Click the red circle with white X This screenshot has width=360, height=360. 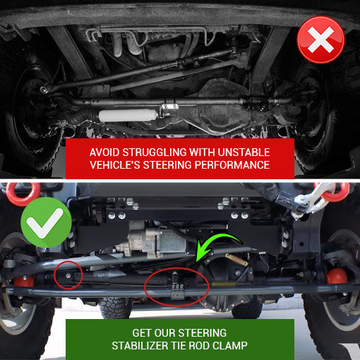320,40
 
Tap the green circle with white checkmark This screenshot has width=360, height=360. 46,222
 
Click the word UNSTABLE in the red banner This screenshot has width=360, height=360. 244,152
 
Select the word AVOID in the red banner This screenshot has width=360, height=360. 104,152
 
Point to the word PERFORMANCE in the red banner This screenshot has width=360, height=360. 232,165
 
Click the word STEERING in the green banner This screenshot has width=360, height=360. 203,333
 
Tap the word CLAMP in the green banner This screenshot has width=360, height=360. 230,346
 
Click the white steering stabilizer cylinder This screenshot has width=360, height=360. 128,115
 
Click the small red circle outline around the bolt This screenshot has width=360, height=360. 68,275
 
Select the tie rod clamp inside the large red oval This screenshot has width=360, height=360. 177,286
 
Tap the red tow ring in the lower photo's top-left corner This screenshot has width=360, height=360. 23,194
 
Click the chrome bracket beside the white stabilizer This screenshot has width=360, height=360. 169,109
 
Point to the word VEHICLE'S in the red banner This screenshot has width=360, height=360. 115,165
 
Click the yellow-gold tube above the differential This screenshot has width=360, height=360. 236,259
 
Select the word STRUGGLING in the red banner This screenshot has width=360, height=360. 155,152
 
